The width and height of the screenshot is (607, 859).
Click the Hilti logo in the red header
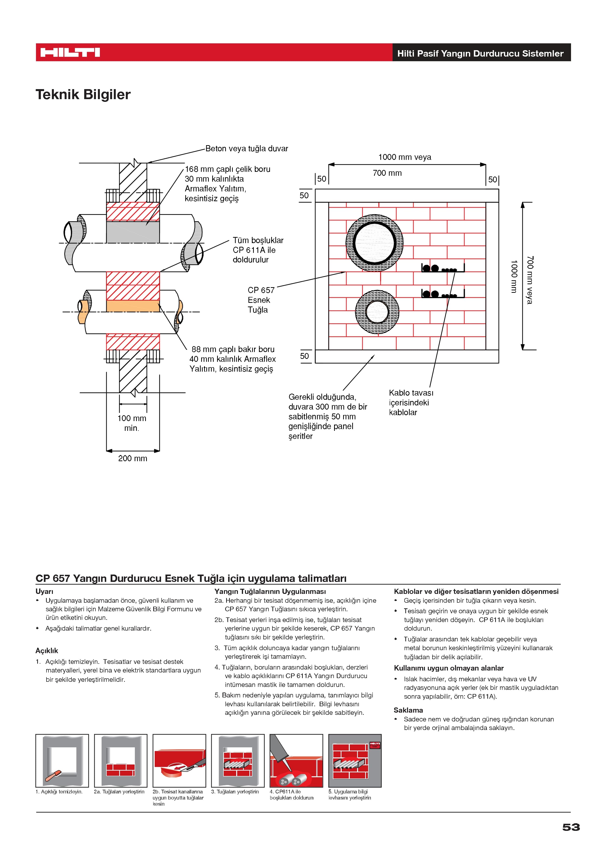coord(70,52)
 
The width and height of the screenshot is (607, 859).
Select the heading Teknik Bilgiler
coord(83,95)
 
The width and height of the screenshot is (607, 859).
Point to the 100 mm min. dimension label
coord(132,423)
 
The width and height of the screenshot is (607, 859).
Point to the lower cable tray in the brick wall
coord(443,294)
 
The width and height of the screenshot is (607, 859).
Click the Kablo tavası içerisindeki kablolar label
coord(411,402)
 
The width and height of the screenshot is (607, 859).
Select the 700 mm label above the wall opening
coord(387,173)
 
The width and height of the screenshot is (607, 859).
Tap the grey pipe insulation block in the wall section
coord(133,232)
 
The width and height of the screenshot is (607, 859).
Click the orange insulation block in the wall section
coord(133,306)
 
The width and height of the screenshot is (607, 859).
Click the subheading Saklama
coord(408,710)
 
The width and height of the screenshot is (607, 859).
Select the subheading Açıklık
coord(47,651)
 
